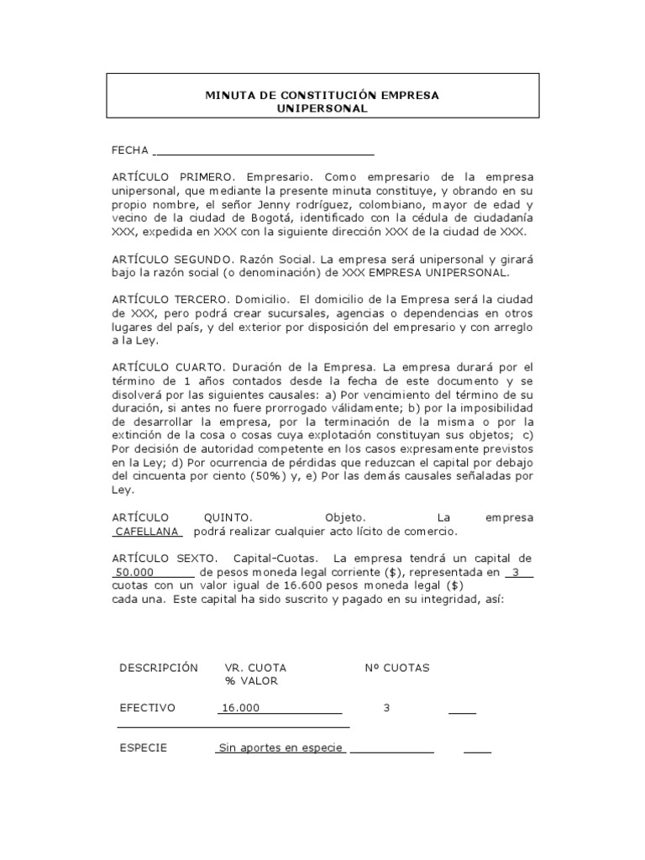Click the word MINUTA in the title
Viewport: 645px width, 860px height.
[229, 96]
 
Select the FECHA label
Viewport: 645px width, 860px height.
[130, 150]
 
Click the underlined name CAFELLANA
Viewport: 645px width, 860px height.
[148, 532]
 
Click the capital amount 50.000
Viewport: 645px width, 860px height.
[133, 572]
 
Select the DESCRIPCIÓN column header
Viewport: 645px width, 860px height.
[159, 668]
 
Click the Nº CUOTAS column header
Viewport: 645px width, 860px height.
[396, 668]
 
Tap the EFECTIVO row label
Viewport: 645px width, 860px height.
[148, 708]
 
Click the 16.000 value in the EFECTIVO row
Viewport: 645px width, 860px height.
[240, 708]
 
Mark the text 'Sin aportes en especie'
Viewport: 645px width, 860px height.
[281, 748]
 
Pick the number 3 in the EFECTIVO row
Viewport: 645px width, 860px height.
[386, 708]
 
